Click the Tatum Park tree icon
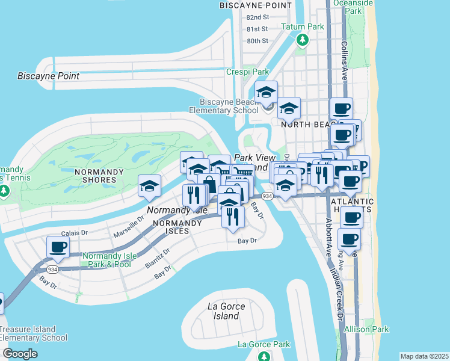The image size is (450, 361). pos(302,40)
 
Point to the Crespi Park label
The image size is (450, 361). pos(247,72)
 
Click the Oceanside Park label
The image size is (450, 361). pos(359,7)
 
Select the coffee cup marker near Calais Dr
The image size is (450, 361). pos(58,247)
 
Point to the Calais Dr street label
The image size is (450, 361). pos(75,232)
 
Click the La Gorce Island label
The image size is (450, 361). pos(227,311)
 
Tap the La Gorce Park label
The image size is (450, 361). pos(264,344)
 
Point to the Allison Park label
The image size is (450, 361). pos(366,329)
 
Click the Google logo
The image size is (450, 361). pos(20,354)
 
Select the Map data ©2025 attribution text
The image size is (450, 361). pos(424,356)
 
